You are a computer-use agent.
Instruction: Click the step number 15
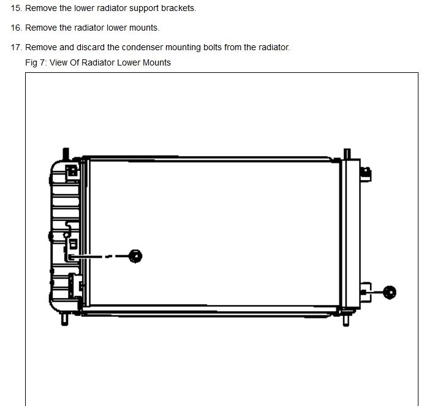16,9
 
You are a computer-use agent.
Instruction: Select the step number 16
16,28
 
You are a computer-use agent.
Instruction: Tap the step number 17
16,47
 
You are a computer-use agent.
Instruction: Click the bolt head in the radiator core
135,255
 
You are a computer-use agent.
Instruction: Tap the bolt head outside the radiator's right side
389,292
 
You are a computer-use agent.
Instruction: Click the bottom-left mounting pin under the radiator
64,318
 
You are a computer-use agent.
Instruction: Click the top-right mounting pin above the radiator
347,152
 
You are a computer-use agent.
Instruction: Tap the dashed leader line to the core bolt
104,256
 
